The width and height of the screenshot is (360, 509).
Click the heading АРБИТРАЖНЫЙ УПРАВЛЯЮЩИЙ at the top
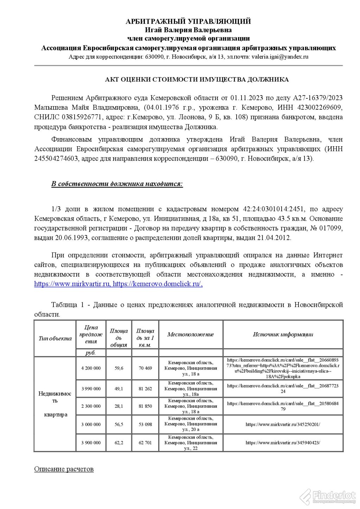[188, 21]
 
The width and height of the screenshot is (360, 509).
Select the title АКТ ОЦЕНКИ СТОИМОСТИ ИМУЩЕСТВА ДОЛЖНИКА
[197, 79]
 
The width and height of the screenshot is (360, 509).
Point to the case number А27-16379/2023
[318, 97]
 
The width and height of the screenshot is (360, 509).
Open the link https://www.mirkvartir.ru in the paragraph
[72, 284]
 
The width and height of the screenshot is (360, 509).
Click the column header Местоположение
[191, 334]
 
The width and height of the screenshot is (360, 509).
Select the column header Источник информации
[283, 334]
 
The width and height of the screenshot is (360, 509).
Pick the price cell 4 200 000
[91, 368]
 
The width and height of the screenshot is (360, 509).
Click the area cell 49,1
[119, 388]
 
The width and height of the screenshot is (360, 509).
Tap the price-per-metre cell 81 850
[145, 406]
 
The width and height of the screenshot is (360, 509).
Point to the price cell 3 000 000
[91, 424]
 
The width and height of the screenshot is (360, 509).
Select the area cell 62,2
[119, 443]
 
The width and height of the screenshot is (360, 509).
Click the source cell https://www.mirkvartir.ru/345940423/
[283, 443]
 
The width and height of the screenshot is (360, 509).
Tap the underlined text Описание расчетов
[64, 469]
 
